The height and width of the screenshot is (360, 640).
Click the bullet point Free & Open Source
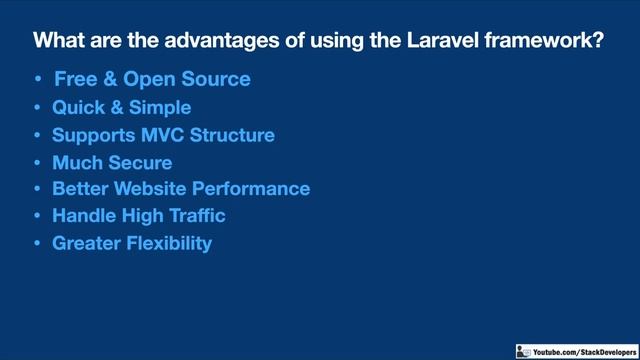click(152, 78)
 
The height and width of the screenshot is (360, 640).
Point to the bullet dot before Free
click(37, 79)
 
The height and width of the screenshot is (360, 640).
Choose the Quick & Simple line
click(121, 107)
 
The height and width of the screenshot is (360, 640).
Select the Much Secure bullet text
click(112, 162)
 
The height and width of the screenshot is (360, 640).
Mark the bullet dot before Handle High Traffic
click(37, 216)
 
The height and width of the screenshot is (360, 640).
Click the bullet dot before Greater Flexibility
click(37, 243)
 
